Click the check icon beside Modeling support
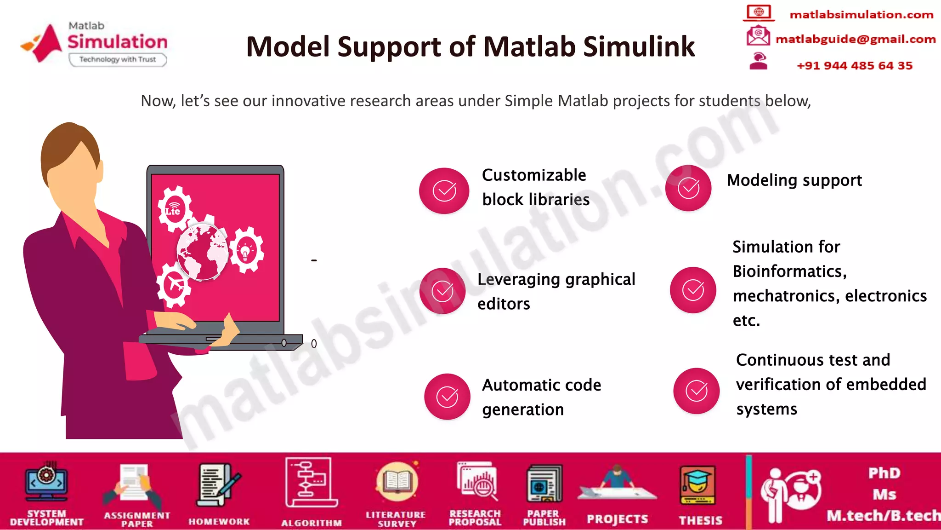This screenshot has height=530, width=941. point(688,188)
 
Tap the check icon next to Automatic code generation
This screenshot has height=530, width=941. point(447,397)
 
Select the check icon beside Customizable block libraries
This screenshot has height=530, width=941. point(444,190)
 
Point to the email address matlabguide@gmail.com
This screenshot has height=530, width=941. point(855,39)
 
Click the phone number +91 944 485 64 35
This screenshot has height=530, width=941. point(854,65)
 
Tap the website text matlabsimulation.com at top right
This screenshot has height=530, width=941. point(861,15)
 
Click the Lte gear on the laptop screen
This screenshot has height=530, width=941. point(174,209)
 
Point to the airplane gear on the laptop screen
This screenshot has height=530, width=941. point(174,284)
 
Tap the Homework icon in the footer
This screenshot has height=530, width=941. point(218,486)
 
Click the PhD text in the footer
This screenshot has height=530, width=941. point(884,473)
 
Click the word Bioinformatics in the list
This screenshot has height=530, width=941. point(789,271)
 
